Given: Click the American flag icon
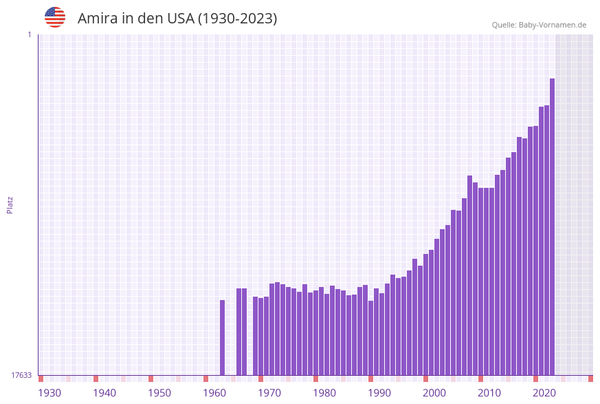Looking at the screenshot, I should (55, 17).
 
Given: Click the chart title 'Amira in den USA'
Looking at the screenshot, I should (177, 19).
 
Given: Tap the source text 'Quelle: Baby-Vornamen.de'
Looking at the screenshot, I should (539, 25).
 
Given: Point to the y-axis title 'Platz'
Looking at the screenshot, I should (10, 204).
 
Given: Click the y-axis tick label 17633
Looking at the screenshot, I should (21, 375).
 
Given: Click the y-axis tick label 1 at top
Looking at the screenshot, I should (29, 34).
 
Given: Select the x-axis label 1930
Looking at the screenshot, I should (49, 393).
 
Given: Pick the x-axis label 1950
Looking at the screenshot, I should (159, 393).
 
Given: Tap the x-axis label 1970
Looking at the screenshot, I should (269, 393).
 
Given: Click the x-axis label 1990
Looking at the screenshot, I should (379, 393).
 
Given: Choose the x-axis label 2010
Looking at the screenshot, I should (489, 393).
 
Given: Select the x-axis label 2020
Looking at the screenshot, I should (544, 393).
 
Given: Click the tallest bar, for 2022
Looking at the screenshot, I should (552, 227).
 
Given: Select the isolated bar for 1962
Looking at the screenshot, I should (222, 337).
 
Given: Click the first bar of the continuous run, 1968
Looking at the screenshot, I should (255, 336).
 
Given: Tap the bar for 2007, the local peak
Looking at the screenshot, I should (469, 275).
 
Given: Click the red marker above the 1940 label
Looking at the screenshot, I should (96, 379).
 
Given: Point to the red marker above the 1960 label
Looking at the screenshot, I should (205, 379).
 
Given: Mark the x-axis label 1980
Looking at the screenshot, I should (324, 393).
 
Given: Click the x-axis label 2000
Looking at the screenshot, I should (434, 393).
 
